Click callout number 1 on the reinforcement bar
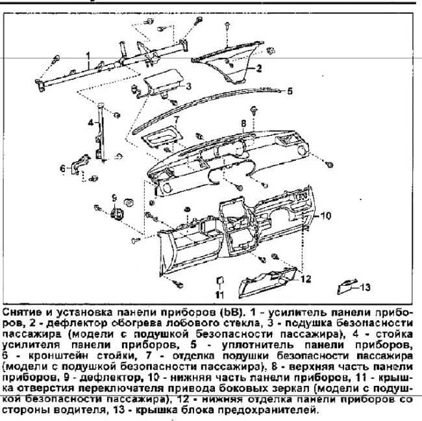tap(88, 57)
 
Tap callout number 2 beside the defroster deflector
tap(258, 68)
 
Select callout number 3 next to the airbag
tap(188, 86)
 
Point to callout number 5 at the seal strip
tap(290, 91)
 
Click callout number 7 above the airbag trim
tap(177, 120)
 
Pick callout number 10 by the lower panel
tap(325, 216)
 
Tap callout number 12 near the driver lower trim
tap(306, 279)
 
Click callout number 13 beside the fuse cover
tap(365, 287)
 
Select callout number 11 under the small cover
tap(220, 295)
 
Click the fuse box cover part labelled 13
tap(346, 287)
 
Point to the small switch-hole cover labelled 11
tap(220, 280)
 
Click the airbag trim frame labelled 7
tap(162, 136)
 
